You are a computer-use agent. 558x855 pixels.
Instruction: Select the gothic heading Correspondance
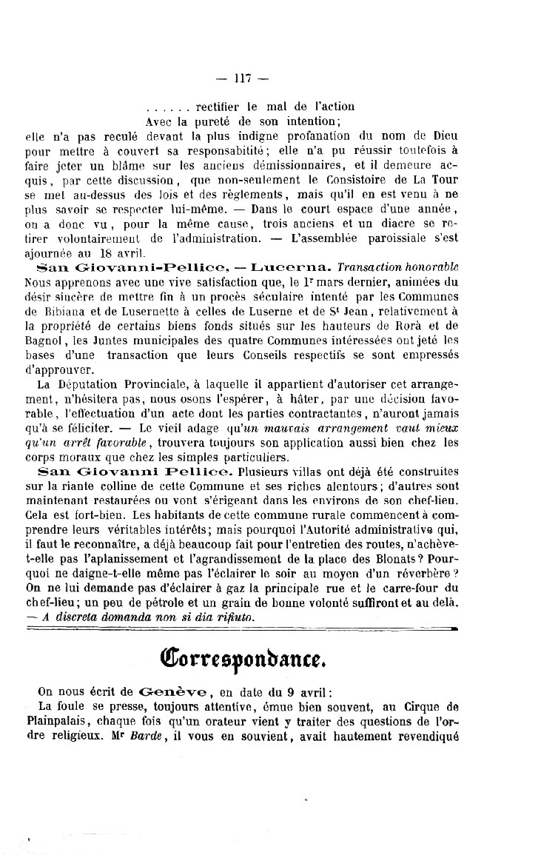click(x=238, y=656)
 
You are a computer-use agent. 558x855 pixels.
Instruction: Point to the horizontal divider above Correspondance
click(x=241, y=627)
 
